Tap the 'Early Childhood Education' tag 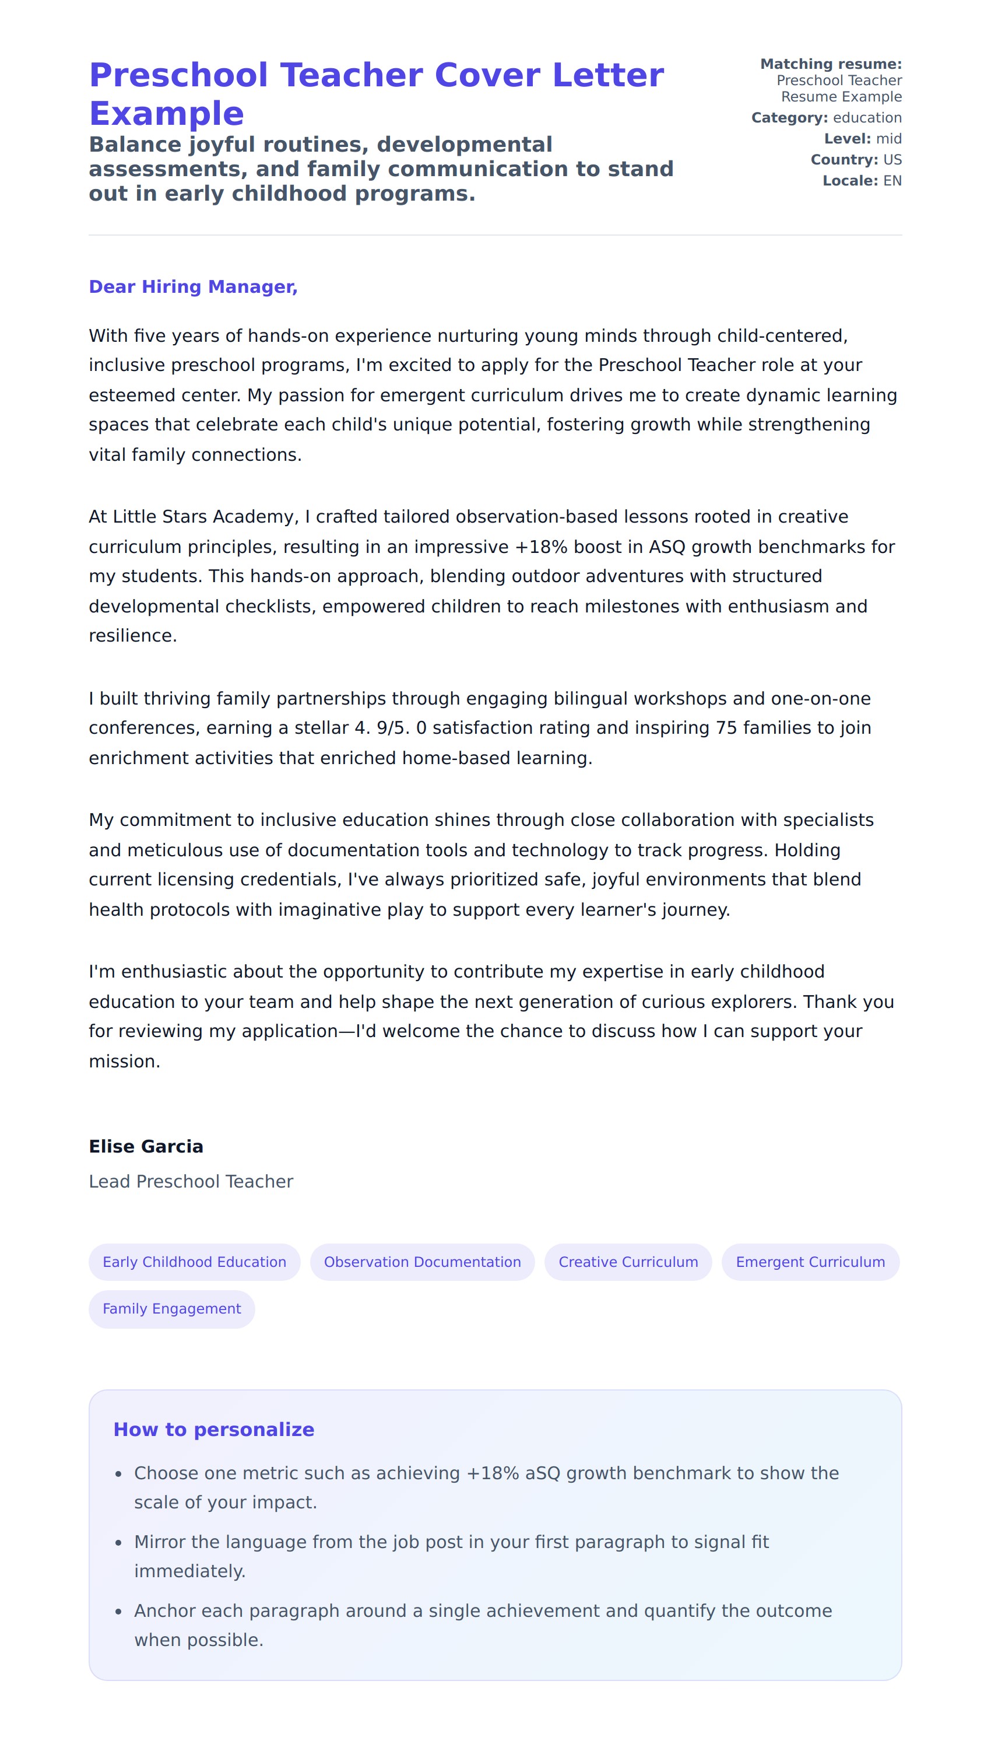point(194,1262)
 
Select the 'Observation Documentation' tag point(422,1262)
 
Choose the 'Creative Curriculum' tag point(628,1262)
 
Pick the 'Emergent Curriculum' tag point(810,1262)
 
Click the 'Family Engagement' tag point(171,1309)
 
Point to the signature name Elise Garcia point(146,1147)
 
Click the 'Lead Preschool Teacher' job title point(191,1181)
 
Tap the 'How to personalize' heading point(214,1429)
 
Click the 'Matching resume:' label point(830,64)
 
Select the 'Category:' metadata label point(789,118)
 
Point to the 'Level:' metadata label point(846,139)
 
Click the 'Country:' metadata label point(844,160)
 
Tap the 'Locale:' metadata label point(850,181)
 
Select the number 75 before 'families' point(726,728)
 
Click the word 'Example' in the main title point(166,114)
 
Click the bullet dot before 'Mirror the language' point(118,1543)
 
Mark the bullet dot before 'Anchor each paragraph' point(118,1612)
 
